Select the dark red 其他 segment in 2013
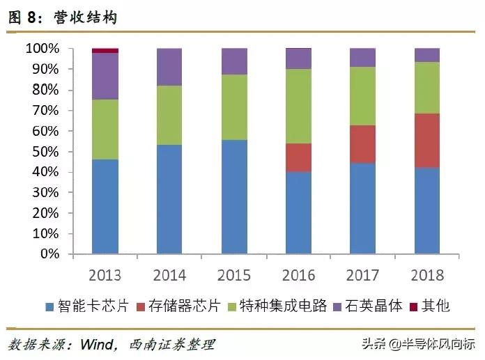click(105, 51)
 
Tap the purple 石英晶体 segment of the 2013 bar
click(105, 77)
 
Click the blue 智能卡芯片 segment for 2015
click(234, 197)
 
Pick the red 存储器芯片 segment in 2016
click(299, 158)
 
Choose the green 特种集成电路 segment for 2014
click(169, 116)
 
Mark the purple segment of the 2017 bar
click(362, 58)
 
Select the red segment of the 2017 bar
click(362, 144)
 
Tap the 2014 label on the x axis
click(169, 274)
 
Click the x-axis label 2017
click(362, 274)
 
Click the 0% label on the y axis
click(49, 254)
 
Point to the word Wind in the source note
click(95, 343)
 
